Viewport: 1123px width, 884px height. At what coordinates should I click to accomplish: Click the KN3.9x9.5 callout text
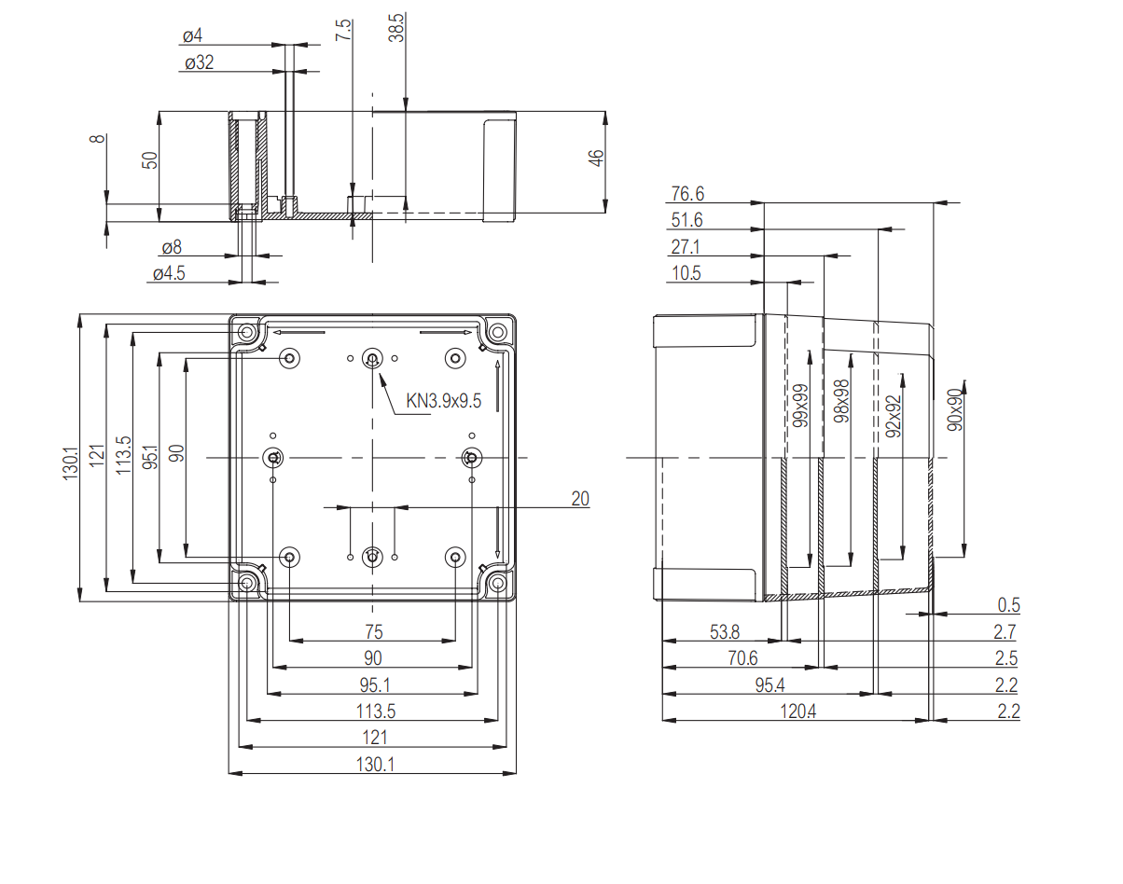click(x=443, y=401)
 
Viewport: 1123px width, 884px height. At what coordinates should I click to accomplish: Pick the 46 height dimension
click(x=597, y=158)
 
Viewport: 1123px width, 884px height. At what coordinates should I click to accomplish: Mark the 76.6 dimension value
click(x=687, y=194)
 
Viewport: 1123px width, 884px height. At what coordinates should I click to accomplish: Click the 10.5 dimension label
click(x=685, y=273)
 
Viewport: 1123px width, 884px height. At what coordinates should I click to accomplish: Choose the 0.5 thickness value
click(x=1008, y=605)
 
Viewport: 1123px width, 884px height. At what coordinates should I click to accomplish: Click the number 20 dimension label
click(x=579, y=499)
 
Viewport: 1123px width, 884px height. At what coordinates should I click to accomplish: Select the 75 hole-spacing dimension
click(x=372, y=632)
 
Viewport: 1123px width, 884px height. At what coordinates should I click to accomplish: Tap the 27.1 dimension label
click(x=686, y=247)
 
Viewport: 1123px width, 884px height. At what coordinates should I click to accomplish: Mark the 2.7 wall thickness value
click(x=1006, y=632)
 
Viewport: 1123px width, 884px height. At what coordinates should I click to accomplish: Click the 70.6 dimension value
click(x=742, y=658)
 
